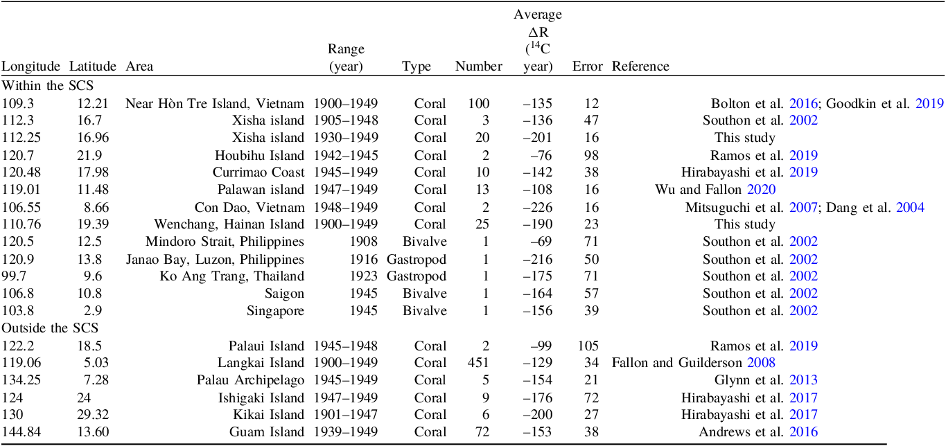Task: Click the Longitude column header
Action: (30, 66)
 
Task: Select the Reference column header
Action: (640, 66)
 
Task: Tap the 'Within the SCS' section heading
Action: (48, 86)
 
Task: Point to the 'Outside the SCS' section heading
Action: (50, 328)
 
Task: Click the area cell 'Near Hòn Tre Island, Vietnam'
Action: (214, 104)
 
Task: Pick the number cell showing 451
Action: (478, 363)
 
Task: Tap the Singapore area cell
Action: (275, 311)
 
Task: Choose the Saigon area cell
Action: (285, 294)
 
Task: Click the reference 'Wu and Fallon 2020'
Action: (715, 190)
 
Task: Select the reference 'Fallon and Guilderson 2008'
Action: (693, 363)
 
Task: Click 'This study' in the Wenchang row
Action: (745, 224)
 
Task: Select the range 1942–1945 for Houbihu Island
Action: (346, 155)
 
